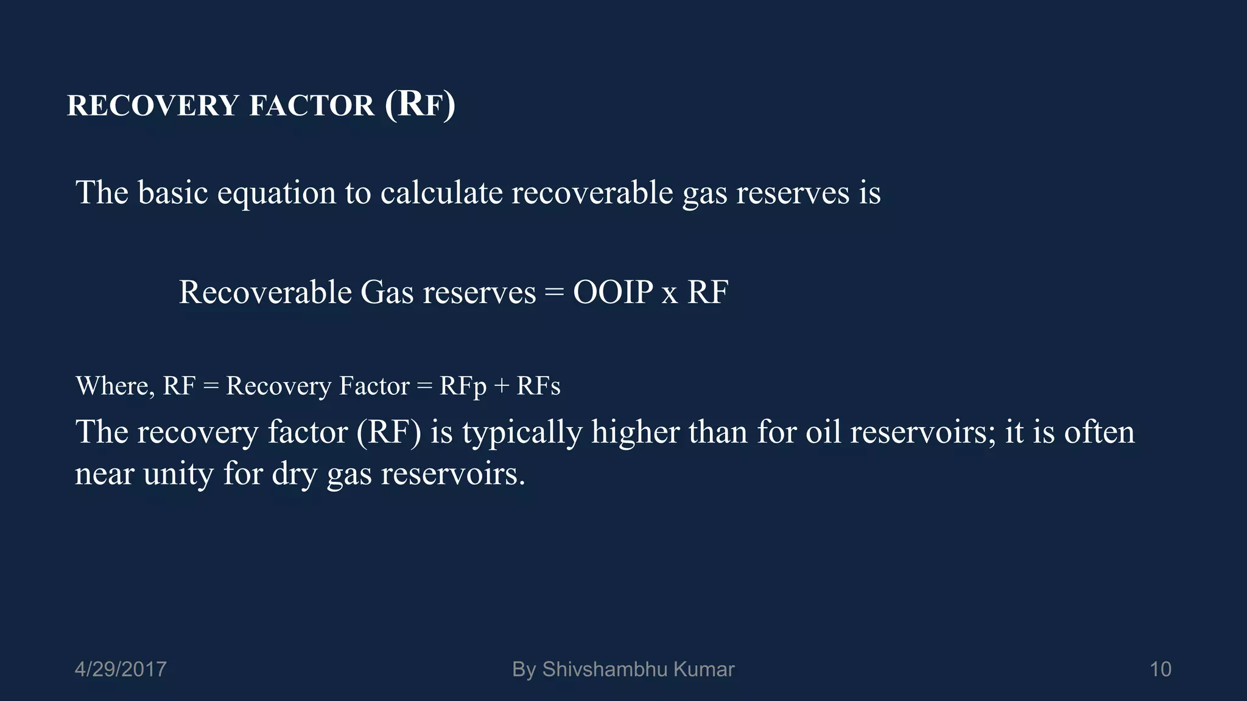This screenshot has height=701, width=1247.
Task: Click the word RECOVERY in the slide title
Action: point(153,105)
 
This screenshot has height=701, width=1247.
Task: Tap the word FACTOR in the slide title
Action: point(312,105)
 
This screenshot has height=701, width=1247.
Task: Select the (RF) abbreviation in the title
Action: point(420,104)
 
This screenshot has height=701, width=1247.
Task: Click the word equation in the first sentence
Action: point(276,193)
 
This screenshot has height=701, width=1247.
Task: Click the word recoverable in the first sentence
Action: point(592,193)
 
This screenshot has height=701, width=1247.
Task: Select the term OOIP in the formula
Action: point(613,292)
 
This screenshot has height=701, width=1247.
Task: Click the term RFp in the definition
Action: point(463,386)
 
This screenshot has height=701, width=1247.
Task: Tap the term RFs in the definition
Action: point(538,386)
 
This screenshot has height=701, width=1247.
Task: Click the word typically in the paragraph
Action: point(522,433)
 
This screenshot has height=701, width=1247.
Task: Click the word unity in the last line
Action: point(178,473)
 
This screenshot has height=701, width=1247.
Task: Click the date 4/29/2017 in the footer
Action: point(121,669)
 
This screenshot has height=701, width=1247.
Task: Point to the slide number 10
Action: point(1160,669)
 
